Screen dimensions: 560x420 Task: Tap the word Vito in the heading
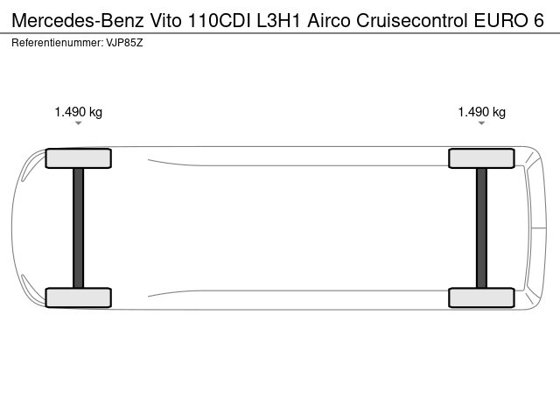165,20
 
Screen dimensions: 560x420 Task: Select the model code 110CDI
220,20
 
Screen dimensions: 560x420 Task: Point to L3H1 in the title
278,20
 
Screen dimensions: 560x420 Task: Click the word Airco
329,20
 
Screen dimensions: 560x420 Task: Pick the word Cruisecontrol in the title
412,20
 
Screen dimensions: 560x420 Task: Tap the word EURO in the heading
500,20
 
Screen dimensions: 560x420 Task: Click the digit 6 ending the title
539,20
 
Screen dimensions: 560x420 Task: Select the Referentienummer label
57,43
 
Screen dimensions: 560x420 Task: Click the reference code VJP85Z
124,43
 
